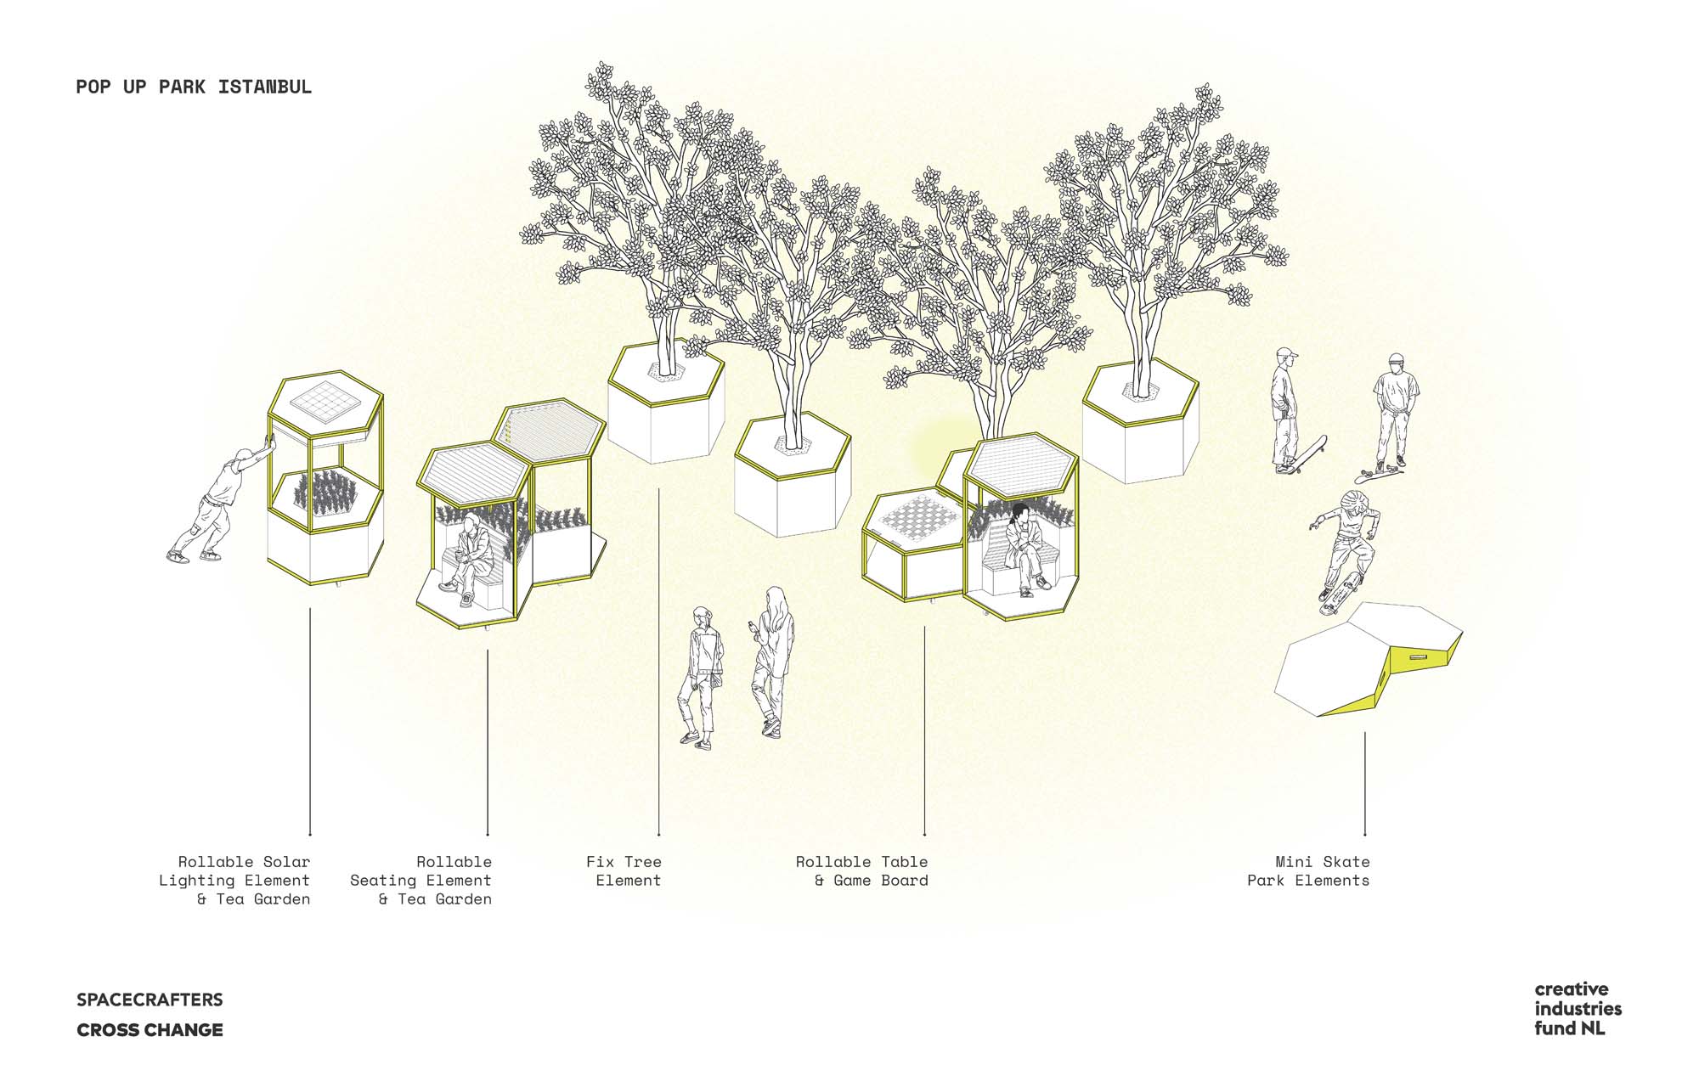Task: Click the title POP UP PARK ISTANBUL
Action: tap(194, 87)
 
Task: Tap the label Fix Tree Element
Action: tap(624, 871)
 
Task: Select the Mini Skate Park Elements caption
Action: tap(1308, 871)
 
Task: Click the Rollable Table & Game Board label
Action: tap(861, 871)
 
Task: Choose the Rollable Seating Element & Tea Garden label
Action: tap(421, 881)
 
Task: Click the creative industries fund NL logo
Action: tap(1578, 1009)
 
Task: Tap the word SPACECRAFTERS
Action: tap(150, 1000)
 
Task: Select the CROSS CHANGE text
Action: tap(150, 1030)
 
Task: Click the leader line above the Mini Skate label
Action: tap(1365, 784)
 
